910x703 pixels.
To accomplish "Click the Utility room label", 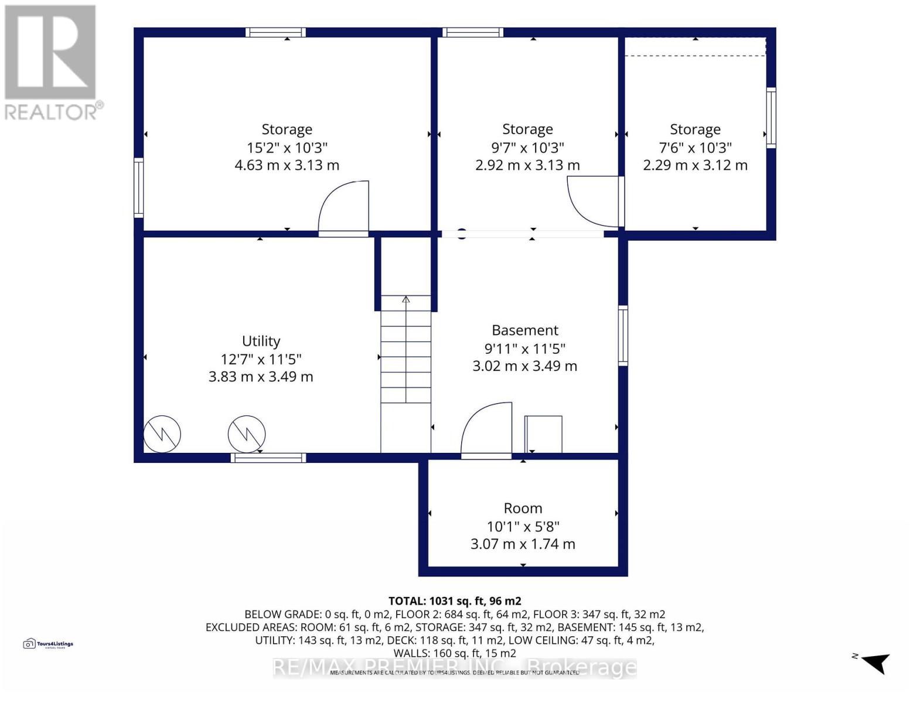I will point(261,341).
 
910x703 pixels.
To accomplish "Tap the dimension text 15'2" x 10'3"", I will point(287,148).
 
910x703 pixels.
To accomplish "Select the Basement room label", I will point(525,330).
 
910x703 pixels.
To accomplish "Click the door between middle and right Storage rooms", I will point(593,202).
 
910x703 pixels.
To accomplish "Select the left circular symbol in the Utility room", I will point(162,434).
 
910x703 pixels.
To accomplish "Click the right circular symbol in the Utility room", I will point(247,434).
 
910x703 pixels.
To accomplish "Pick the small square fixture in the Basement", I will point(543,434).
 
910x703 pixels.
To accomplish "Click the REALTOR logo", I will point(52,62).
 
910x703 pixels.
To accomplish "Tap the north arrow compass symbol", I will point(874,663).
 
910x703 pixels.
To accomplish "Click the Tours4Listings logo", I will point(49,644).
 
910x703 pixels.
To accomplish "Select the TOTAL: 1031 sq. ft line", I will point(455,601).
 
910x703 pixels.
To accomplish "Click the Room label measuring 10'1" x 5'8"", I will point(523,509).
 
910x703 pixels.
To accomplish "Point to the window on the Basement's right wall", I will point(623,336).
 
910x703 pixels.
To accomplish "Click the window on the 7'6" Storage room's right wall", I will point(771,118).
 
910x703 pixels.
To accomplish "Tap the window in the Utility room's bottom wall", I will point(268,458).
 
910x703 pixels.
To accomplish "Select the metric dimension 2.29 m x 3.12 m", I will point(695,166).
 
